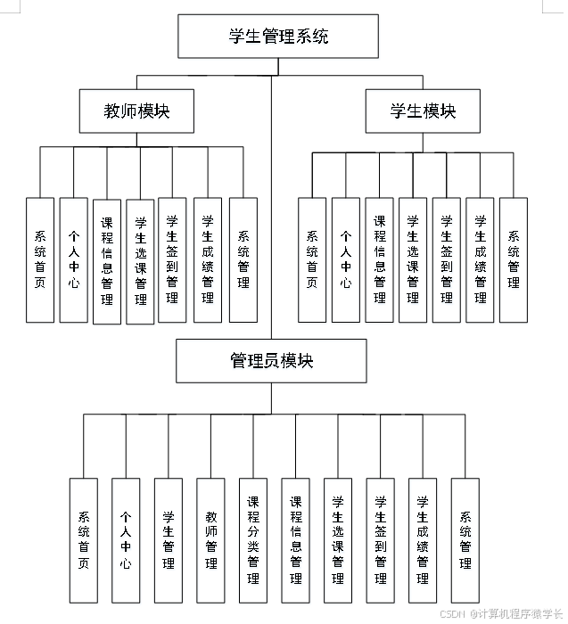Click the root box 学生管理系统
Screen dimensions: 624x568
(278, 37)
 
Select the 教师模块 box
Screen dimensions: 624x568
(136, 111)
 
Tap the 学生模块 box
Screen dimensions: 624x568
(423, 111)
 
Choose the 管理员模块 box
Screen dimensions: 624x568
(271, 361)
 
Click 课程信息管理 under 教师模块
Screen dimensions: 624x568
(107, 260)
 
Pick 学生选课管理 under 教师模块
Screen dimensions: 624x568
(140, 260)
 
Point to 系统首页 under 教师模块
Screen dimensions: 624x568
(40, 259)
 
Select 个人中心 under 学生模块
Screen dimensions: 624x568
(346, 259)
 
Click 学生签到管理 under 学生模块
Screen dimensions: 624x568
(446, 259)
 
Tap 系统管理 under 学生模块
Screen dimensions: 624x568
(514, 259)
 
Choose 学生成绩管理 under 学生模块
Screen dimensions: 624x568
(480, 259)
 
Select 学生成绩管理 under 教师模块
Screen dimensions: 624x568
(208, 259)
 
